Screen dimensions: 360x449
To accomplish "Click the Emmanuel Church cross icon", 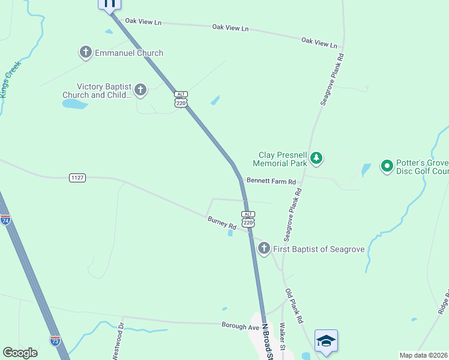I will tap(86, 53).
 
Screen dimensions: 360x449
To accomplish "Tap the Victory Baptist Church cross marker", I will tap(140, 90).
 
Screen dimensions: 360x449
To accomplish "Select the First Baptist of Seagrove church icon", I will tap(264, 248).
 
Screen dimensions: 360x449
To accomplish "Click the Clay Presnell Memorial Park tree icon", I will tap(316, 159).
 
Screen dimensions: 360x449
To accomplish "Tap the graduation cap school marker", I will tap(325, 340).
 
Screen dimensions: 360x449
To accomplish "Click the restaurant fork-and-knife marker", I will tap(109, 3).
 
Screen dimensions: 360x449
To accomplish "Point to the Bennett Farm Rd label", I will tap(271, 181).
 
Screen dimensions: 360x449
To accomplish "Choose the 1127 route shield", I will tap(77, 178).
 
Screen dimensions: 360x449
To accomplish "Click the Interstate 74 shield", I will tap(5, 220).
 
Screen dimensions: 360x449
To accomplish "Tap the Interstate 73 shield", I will tap(55, 341).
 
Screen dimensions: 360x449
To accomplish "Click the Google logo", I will tap(20, 353).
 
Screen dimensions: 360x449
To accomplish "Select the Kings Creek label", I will tap(11, 79).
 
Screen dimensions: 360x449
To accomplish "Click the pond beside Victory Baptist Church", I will tap(74, 104).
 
